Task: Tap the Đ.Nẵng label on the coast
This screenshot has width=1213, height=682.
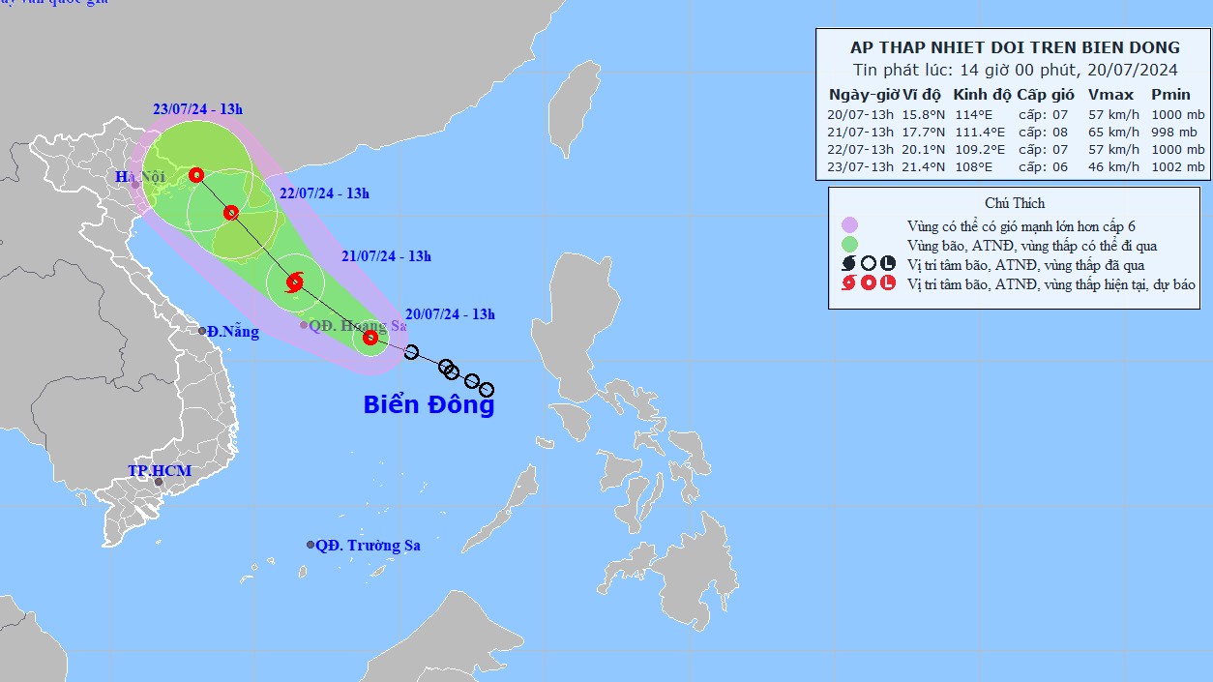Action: click(x=232, y=332)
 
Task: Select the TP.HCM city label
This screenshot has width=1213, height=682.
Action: click(x=160, y=471)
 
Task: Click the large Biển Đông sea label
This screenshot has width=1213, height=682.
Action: click(x=429, y=404)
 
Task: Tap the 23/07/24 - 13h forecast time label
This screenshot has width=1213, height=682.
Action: click(x=197, y=108)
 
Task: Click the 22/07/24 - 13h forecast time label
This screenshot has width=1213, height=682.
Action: click(x=324, y=193)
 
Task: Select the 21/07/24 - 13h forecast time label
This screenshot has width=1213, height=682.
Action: click(x=386, y=256)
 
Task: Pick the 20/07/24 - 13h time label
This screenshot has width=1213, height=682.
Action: click(x=450, y=314)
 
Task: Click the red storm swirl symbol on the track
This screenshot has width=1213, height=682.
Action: click(x=295, y=282)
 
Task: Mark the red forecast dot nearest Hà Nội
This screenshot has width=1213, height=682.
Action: click(x=196, y=175)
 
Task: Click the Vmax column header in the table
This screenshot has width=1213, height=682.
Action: click(x=1104, y=95)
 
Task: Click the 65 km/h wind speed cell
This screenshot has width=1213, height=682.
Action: click(x=1108, y=132)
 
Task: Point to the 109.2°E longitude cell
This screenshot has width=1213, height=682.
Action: click(x=980, y=149)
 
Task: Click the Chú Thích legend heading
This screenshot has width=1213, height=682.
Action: click(x=1015, y=203)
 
